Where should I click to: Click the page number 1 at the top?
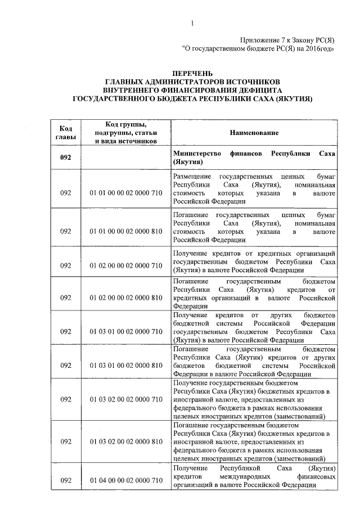point(192,23)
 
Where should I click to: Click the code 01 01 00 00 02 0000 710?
point(126,193)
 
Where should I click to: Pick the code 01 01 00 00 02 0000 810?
point(126,231)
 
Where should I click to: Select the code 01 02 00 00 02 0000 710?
point(126,265)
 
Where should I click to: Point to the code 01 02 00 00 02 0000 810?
point(126,297)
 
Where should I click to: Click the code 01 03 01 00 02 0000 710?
point(126,332)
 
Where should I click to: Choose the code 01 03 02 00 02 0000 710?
point(126,400)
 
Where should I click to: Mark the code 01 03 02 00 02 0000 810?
point(126,442)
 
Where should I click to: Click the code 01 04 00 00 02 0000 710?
point(126,480)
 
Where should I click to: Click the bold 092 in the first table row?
point(66,157)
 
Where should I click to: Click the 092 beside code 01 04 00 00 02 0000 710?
point(66,480)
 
